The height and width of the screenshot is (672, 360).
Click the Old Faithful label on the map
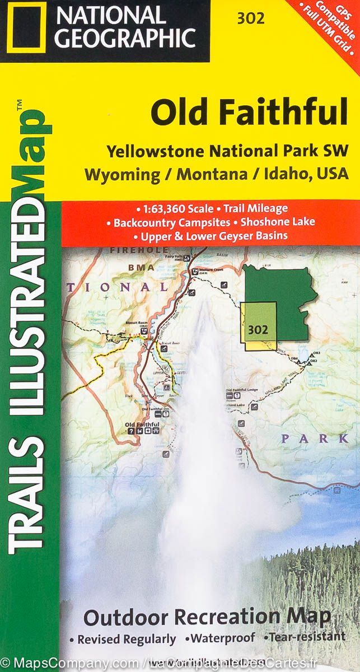[143, 425]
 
